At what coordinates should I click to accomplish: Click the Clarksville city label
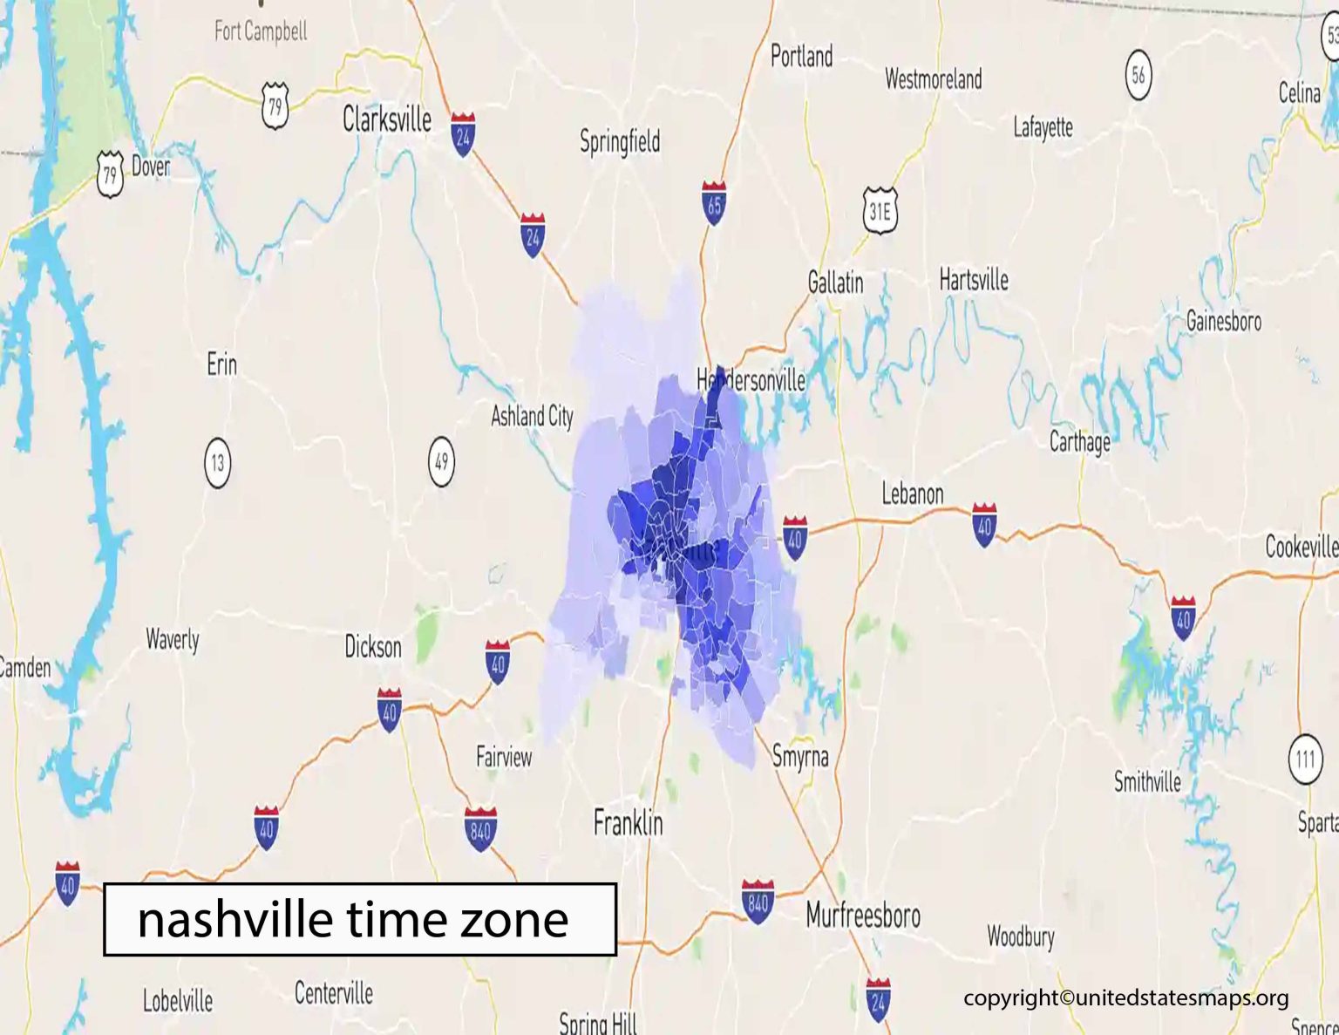pos(386,119)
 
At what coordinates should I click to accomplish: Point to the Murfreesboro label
pos(862,915)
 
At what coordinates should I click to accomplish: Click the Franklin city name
pos(628,822)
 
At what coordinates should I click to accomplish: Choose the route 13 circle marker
pos(217,462)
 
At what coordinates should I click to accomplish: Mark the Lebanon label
pos(912,494)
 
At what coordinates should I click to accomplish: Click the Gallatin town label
pos(835,282)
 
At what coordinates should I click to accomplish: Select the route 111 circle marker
pos(1304,759)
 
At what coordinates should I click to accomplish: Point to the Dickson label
pos(373,647)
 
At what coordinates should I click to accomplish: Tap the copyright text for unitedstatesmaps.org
pos(1125,998)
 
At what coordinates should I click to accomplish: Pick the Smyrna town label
pos(800,756)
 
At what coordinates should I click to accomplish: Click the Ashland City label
pos(532,416)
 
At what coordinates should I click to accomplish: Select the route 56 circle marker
pos(1138,75)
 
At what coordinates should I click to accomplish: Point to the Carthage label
pos(1079,441)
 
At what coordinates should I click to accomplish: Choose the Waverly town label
pos(173,640)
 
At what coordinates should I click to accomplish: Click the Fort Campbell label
pos(261,31)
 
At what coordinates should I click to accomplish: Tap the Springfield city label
pos(620,141)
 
